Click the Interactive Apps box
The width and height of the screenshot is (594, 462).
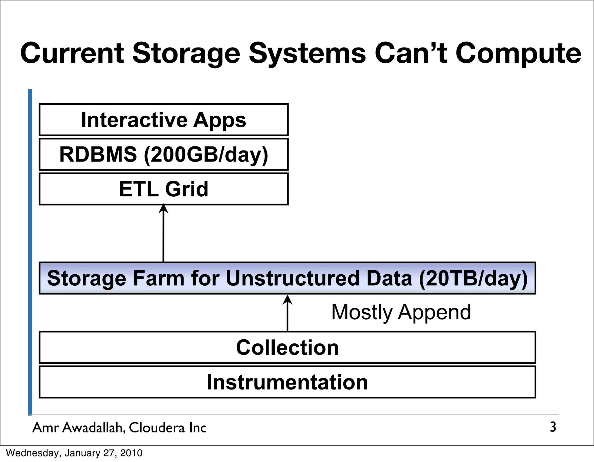(164, 120)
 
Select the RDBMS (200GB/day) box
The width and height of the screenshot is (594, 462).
(164, 154)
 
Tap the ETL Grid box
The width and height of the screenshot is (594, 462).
(164, 189)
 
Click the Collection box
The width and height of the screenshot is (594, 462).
(287, 347)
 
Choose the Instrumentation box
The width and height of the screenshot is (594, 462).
(287, 382)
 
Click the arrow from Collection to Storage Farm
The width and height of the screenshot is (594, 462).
(287, 313)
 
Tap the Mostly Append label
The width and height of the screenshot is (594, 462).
(401, 312)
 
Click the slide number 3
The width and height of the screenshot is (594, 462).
(553, 427)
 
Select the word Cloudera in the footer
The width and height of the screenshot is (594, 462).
(157, 428)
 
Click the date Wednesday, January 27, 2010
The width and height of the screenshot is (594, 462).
(74, 453)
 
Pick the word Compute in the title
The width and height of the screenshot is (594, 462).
(518, 54)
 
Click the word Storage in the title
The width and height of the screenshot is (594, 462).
(186, 54)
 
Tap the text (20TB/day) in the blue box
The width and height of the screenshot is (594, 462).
(473, 278)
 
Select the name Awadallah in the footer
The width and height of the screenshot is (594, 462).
(94, 428)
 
